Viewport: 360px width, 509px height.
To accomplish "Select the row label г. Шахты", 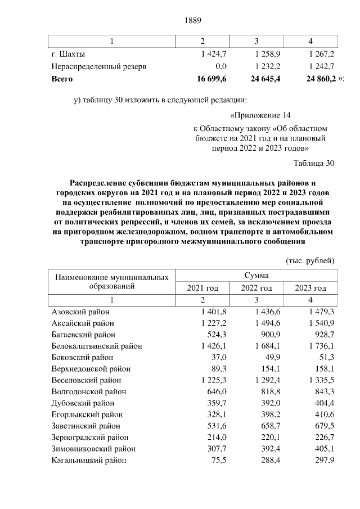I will [68, 54].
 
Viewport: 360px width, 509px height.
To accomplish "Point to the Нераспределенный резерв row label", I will [99, 66].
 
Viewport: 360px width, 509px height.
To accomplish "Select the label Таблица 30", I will [314, 163].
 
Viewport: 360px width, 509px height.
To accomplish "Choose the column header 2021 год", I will [202, 288].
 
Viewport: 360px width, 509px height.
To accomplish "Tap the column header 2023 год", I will [310, 288].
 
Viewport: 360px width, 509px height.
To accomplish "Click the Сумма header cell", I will [256, 276].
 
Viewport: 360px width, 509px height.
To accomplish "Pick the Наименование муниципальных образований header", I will [111, 281].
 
